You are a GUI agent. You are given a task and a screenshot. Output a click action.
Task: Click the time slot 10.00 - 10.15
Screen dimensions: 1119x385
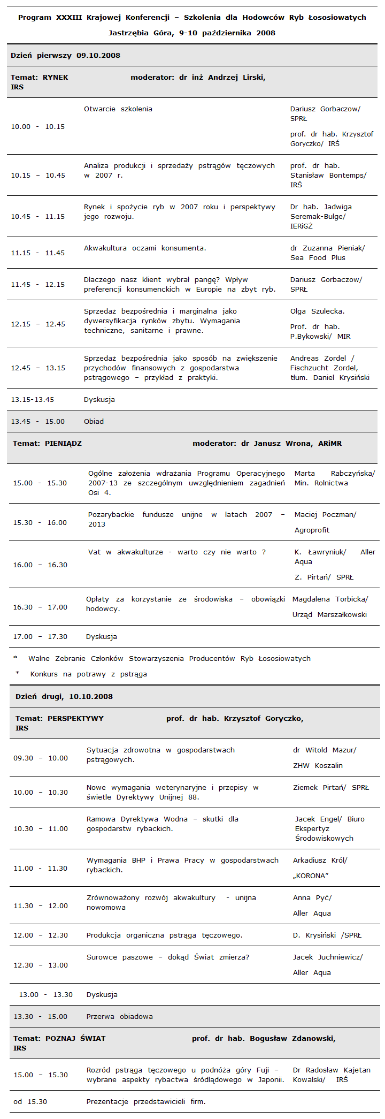click(x=38, y=127)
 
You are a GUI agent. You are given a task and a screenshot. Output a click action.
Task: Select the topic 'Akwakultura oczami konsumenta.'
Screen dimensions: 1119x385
click(x=145, y=248)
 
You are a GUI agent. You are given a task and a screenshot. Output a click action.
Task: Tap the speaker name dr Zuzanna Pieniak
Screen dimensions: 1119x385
click(x=327, y=248)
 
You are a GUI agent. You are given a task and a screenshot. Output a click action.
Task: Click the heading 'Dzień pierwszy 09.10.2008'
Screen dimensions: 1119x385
click(x=65, y=56)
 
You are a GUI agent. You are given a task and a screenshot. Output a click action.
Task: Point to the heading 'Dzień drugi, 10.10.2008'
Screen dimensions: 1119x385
click(x=64, y=696)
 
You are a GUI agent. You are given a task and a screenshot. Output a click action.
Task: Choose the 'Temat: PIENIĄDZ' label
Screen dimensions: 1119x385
click(x=47, y=444)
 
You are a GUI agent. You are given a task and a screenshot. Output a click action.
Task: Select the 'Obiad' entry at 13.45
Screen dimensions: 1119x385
click(x=94, y=422)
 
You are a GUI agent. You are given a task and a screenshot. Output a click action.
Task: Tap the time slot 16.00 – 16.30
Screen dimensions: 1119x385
click(x=40, y=565)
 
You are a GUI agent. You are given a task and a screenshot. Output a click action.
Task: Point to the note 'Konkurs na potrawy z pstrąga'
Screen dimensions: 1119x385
click(x=88, y=674)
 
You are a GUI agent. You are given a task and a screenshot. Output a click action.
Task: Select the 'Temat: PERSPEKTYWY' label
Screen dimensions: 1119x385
click(x=59, y=718)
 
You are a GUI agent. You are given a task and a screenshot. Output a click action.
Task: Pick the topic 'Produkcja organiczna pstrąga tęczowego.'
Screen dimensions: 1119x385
click(x=164, y=935)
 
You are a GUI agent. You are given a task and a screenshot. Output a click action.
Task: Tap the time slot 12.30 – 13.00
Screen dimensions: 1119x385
click(x=41, y=965)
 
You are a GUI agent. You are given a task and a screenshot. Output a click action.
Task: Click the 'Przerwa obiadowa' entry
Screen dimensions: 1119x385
click(x=119, y=1017)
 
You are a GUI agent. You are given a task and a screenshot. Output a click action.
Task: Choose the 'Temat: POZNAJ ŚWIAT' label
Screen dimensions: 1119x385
click(x=59, y=1039)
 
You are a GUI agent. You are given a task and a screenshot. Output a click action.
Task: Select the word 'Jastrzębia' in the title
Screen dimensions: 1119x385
click(x=128, y=33)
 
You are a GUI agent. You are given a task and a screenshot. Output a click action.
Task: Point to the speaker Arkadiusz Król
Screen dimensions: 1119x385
click(x=320, y=861)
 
